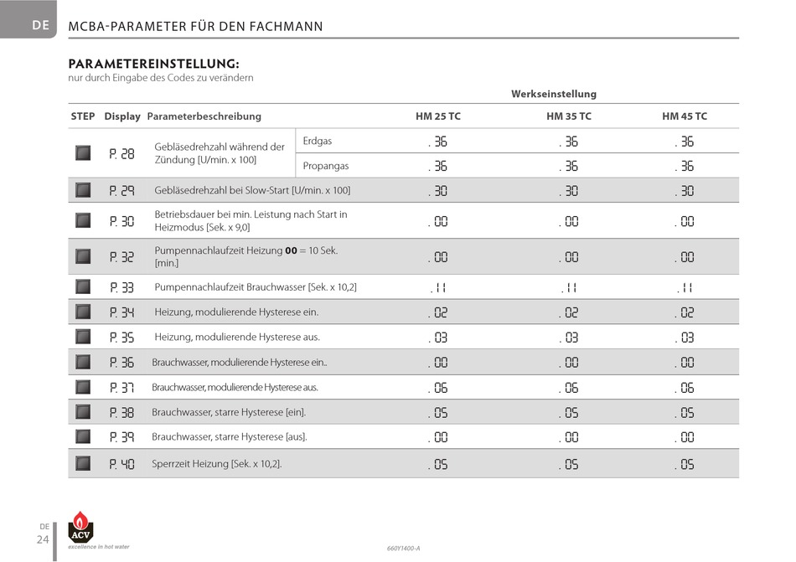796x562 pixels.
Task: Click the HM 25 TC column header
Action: tap(438, 116)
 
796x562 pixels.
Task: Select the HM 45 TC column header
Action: tap(685, 116)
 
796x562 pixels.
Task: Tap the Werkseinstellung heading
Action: tap(554, 94)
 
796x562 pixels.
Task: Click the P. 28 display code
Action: tap(121, 153)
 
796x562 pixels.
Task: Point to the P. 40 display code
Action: tap(121, 464)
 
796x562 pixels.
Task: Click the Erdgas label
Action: tap(318, 141)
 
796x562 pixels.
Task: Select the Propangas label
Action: tap(326, 166)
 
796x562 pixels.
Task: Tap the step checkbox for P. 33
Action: tap(83, 286)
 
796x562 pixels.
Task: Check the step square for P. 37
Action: tap(83, 387)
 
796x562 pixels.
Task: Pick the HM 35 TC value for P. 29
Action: tap(569, 191)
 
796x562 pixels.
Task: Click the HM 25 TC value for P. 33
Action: tap(438, 287)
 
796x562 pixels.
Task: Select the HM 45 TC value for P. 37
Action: tap(685, 388)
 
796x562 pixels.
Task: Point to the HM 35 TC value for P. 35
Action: tap(569, 338)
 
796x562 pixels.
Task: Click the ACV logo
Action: tap(80, 527)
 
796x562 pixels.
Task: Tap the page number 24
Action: tap(43, 539)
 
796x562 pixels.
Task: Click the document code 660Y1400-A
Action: tap(404, 549)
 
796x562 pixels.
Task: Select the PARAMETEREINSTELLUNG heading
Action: tap(154, 64)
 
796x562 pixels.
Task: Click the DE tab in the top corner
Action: tap(40, 25)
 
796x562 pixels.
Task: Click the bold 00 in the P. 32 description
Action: tap(291, 250)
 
